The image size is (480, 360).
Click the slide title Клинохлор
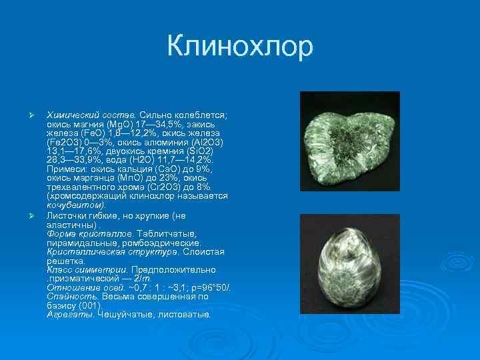tap(240, 46)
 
